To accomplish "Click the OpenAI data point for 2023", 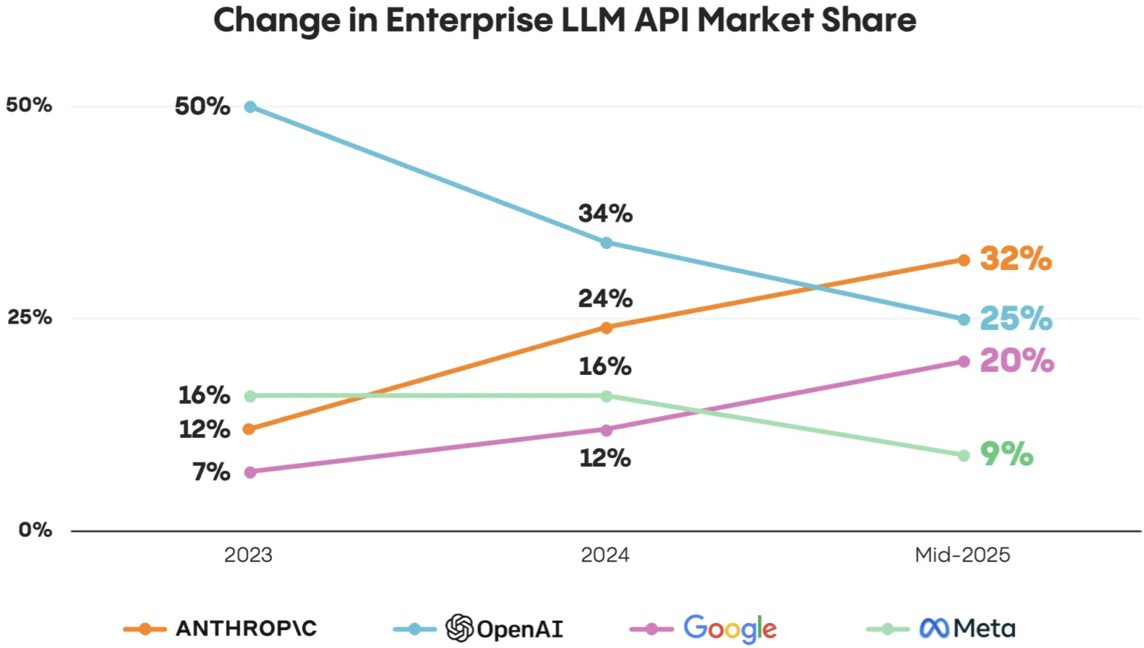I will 250,107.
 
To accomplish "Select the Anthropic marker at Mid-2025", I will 964,260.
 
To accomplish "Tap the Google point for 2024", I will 606,430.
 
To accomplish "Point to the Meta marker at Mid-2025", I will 964,455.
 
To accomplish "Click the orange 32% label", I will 1015,258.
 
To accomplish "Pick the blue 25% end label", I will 1015,318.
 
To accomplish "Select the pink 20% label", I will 1017,360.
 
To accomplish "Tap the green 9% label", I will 1006,454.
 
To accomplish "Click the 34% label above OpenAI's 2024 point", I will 605,213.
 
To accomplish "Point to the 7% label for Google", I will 211,471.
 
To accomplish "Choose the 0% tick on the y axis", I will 35,530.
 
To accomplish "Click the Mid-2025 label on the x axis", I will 962,555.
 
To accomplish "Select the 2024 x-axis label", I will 605,555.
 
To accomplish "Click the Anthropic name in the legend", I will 246,628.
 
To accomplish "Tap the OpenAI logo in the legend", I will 459,628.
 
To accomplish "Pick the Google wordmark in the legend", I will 730,628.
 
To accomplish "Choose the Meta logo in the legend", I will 934,628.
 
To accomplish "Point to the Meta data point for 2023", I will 250,396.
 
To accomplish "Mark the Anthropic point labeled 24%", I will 606,328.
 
